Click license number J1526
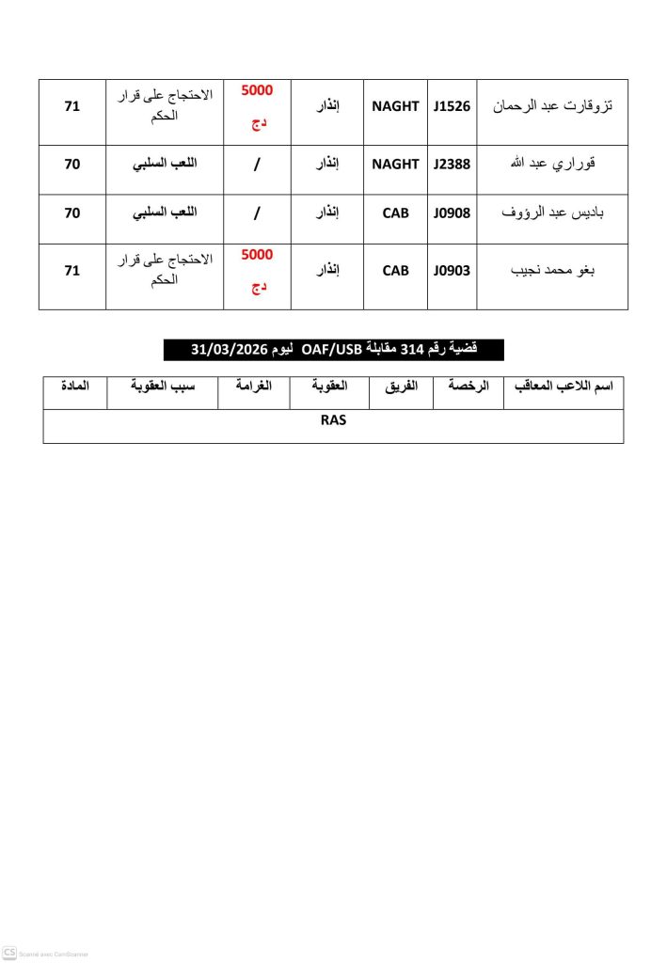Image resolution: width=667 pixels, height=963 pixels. (453, 106)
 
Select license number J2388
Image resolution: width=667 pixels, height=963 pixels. (453, 164)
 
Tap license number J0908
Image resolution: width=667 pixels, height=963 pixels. (453, 213)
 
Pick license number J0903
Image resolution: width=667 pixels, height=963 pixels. (453, 271)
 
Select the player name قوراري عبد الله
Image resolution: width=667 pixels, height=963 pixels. (552, 164)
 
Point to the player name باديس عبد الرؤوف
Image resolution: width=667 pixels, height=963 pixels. (552, 213)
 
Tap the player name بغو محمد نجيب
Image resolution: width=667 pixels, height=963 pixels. (552, 271)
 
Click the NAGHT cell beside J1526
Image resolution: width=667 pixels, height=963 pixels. (395, 106)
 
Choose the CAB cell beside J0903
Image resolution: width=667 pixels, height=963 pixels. (395, 271)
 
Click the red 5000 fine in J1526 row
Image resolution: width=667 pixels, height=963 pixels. (257, 92)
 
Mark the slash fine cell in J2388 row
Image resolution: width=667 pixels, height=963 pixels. (257, 165)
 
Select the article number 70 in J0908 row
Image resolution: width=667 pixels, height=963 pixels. (71, 213)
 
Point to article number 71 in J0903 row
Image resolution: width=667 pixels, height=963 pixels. (71, 271)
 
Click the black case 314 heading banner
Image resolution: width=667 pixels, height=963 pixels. (333, 350)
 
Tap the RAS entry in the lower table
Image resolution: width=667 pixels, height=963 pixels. (333, 420)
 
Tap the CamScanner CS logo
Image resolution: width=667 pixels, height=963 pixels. (9, 953)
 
